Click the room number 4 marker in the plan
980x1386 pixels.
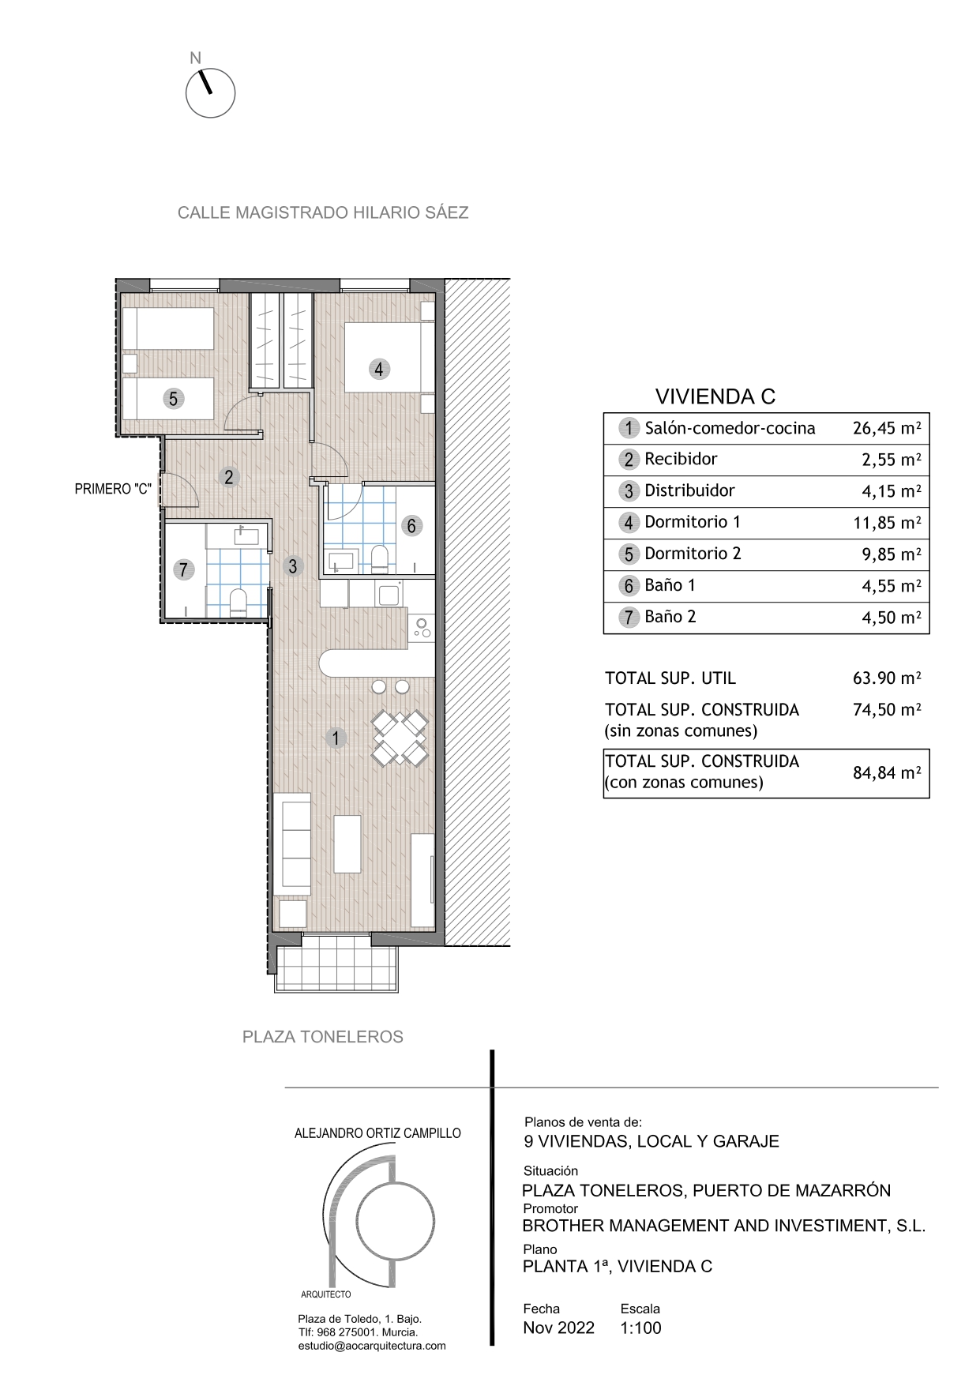(x=379, y=369)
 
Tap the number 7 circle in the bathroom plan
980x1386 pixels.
(x=184, y=569)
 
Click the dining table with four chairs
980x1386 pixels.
(x=400, y=738)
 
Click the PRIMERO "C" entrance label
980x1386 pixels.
(x=113, y=490)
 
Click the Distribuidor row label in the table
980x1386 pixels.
(x=689, y=491)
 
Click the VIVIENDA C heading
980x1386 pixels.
(x=715, y=396)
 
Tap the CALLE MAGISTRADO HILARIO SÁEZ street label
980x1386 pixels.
(x=323, y=212)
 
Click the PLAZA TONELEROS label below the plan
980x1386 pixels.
(x=322, y=1037)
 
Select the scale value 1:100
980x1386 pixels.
(x=640, y=1328)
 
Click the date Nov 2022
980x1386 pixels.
(x=558, y=1328)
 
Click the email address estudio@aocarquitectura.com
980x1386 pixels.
(x=371, y=1346)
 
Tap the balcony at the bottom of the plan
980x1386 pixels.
(x=337, y=963)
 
